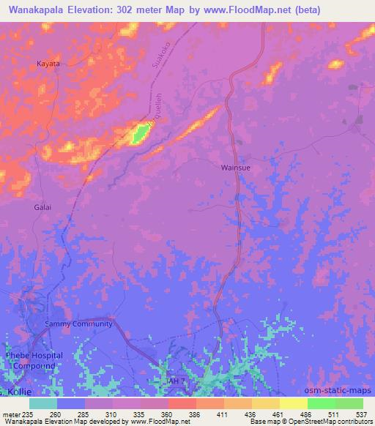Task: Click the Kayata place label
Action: pyautogui.click(x=48, y=64)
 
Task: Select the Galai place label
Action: pyautogui.click(x=42, y=207)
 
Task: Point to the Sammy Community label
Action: pyautogui.click(x=78, y=324)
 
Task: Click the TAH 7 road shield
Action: pyautogui.click(x=178, y=381)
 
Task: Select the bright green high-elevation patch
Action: pyautogui.click(x=140, y=133)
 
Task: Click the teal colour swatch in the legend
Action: pyautogui.click(x=43, y=403)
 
